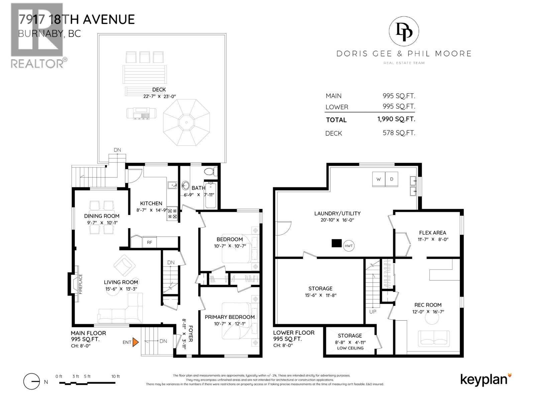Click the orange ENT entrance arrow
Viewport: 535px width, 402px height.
tap(135, 342)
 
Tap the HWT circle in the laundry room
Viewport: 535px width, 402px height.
tap(348, 246)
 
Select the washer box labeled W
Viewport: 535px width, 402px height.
tap(379, 179)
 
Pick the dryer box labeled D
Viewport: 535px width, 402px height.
tap(392, 179)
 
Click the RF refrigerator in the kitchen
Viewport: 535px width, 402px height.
tap(149, 242)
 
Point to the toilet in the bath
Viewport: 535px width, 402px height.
tap(210, 172)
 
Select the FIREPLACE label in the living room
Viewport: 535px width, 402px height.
tap(80, 284)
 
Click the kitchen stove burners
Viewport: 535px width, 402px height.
tap(172, 214)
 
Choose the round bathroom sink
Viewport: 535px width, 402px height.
tap(186, 185)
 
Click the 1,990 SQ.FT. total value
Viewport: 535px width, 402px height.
tap(396, 119)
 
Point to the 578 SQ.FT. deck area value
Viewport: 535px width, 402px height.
tap(399, 133)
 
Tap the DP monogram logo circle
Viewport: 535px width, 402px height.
tap(404, 31)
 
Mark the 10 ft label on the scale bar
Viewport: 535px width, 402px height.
tap(115, 377)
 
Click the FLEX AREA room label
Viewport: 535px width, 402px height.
tap(432, 232)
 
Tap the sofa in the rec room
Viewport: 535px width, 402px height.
tap(434, 338)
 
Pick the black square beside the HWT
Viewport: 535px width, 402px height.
tap(336, 243)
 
